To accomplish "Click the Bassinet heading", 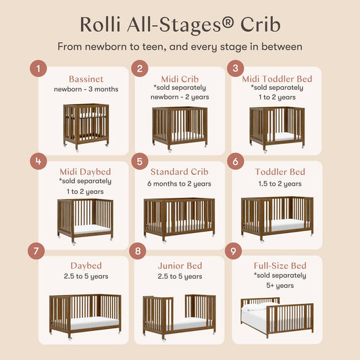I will coord(85,79).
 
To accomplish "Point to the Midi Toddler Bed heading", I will coord(277,79).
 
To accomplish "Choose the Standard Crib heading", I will coord(180,172).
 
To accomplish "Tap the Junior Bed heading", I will coord(180,265).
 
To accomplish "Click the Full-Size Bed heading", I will coord(280,265).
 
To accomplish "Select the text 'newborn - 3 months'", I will coord(85,89).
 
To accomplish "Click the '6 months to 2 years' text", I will coord(180,184).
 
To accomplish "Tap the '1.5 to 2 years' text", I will coord(280,184).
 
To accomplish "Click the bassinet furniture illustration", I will coord(86,126).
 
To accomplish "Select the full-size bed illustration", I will coord(277,315).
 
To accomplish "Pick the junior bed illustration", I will coord(179,316).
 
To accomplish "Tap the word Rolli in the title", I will coord(98,23).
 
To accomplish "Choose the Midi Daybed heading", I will coord(85,172).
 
